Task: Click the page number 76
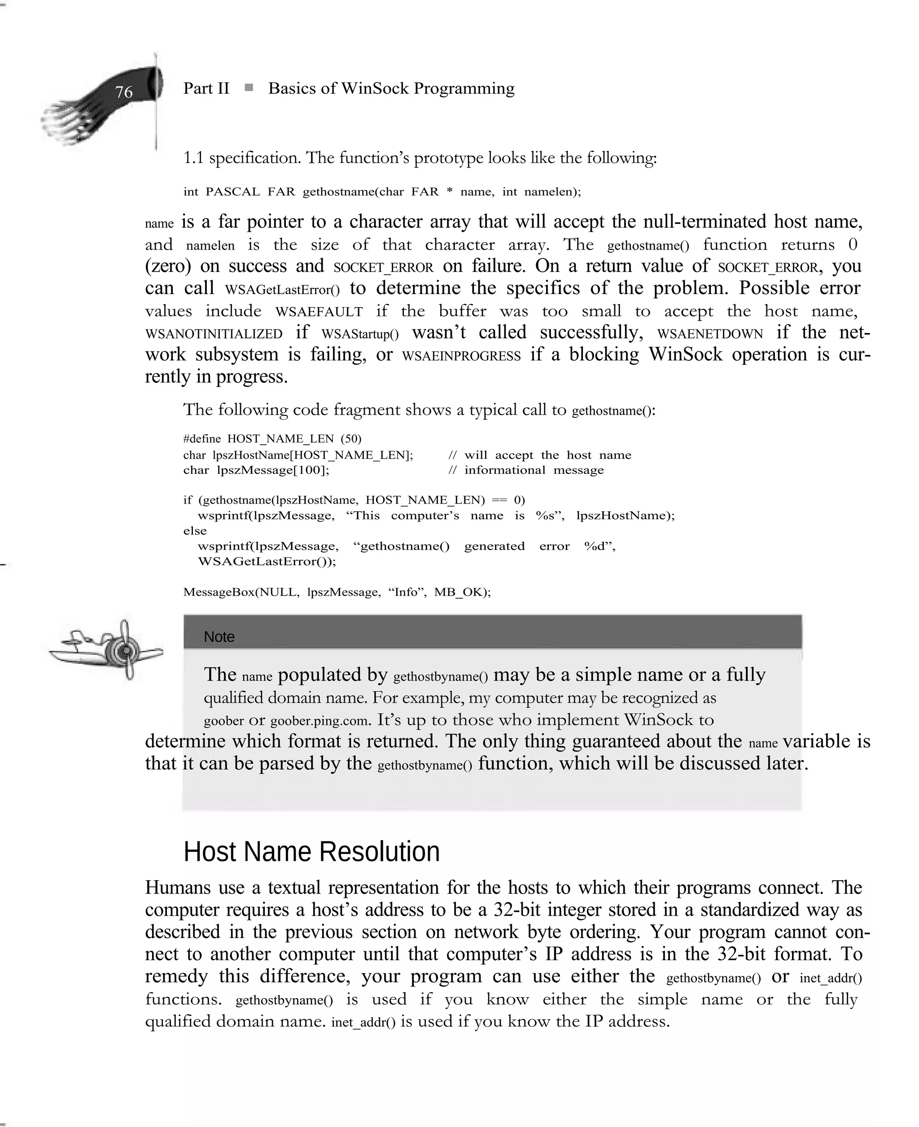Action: [123, 92]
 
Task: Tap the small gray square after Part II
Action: [249, 88]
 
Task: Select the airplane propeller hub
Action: [126, 649]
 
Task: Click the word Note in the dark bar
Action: [219, 637]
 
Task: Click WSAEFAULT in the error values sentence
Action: [319, 312]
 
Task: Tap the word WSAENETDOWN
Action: [709, 334]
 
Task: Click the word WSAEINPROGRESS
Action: [461, 356]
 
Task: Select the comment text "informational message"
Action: [534, 470]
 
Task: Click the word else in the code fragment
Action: [195, 531]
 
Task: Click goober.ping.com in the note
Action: [319, 721]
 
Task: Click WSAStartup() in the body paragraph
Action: [359, 334]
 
